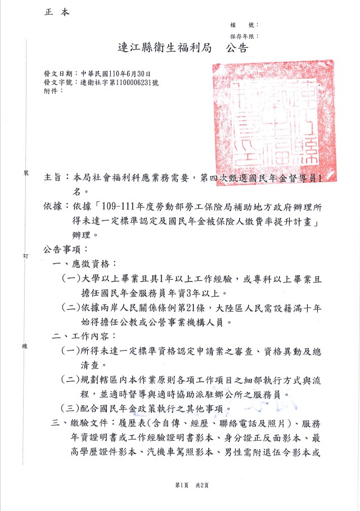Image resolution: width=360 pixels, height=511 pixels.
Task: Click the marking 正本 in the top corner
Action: coord(56,13)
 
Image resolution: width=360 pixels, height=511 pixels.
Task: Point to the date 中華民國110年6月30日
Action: coord(115,74)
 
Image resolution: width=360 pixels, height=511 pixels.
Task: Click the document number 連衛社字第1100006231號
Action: coord(119,82)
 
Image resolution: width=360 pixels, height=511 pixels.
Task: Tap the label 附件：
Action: coord(53,90)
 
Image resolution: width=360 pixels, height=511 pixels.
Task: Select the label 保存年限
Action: coord(242,35)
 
